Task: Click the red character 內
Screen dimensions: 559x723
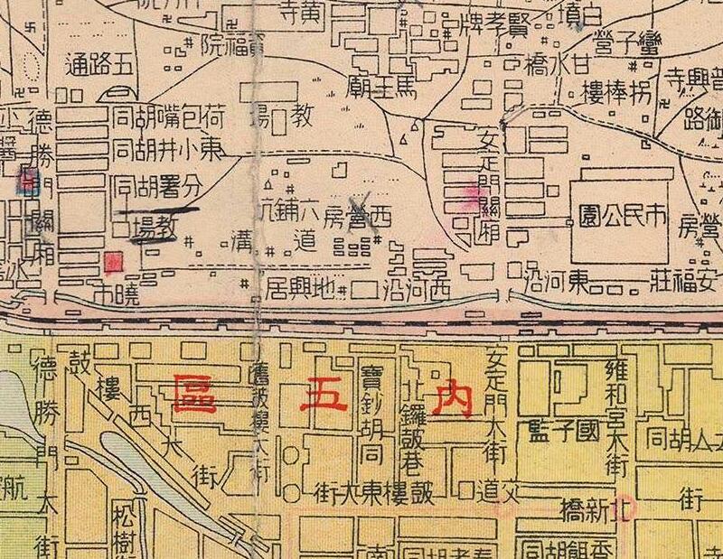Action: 450,398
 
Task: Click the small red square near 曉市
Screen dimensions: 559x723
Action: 113,262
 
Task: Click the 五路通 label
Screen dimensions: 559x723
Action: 99,65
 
